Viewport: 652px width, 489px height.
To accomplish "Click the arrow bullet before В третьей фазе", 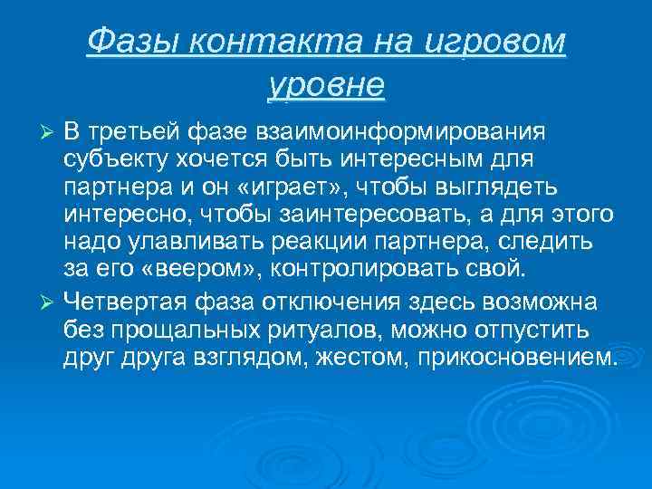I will [51, 134].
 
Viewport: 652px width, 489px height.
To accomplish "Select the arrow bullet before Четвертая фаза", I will [51, 300].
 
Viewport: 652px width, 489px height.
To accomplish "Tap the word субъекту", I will [113, 160].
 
